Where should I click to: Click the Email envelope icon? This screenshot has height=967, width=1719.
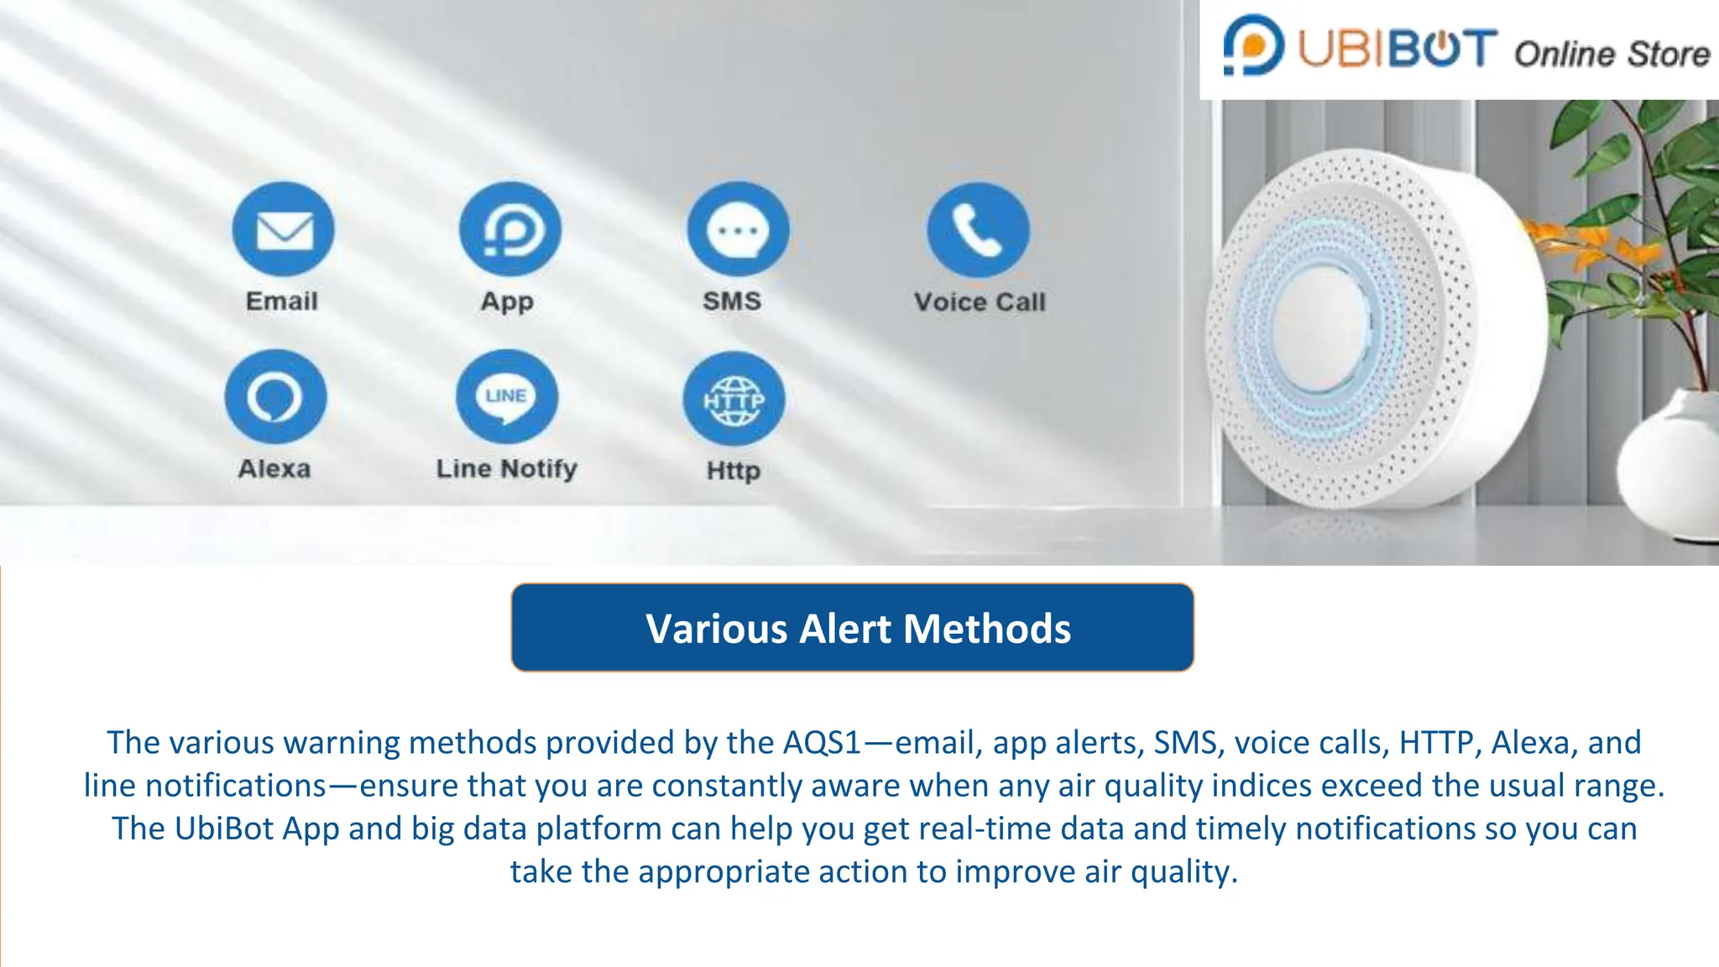284,229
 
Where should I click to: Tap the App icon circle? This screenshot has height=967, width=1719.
510,229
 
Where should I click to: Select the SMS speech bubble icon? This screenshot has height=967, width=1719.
738,229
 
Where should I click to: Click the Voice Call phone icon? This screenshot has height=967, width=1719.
978,230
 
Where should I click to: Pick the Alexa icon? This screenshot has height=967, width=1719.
275,396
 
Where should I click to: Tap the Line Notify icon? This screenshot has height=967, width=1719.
507,396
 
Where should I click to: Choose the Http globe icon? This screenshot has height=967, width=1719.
734,399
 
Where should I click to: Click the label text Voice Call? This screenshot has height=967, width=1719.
980,302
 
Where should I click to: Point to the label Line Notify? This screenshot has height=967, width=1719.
507,468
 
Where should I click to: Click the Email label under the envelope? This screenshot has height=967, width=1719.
282,301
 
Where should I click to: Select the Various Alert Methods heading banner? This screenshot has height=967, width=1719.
852,628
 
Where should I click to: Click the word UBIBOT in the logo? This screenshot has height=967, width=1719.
1398,49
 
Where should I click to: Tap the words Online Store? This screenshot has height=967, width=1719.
1612,55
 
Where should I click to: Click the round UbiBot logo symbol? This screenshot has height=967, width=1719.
1252,45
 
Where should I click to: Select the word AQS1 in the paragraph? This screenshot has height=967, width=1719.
822,743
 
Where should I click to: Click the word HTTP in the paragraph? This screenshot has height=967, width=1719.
1436,743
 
